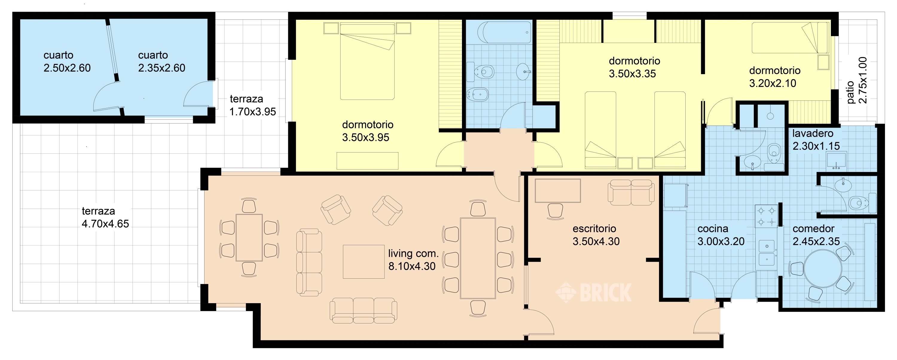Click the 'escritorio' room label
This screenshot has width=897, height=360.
(594, 229)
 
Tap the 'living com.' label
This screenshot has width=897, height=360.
(413, 254)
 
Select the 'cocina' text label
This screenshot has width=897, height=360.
(713, 229)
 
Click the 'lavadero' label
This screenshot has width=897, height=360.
(813, 133)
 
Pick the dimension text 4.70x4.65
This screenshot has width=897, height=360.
(105, 224)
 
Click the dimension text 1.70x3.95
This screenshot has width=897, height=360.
(252, 112)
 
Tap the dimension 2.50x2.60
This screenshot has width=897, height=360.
(67, 68)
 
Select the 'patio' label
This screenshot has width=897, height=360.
(850, 92)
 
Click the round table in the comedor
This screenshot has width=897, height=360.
(823, 269)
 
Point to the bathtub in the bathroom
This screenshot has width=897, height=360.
(504, 32)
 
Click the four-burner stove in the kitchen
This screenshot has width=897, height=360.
(766, 216)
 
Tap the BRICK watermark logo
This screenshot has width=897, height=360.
(593, 292)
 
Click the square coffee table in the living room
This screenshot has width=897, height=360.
(364, 262)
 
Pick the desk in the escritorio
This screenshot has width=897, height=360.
(558, 191)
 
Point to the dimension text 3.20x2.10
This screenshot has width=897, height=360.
(773, 83)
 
